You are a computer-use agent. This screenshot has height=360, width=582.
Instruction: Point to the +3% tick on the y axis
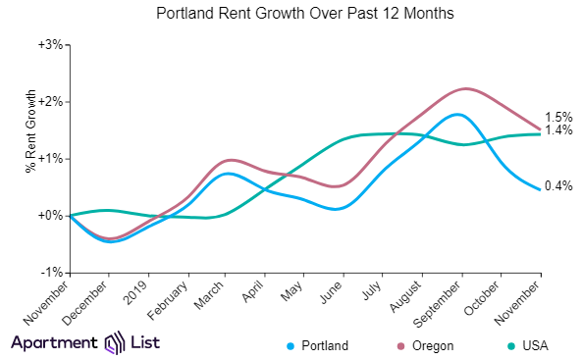(x=50, y=44)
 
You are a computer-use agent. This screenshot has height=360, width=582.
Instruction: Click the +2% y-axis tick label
(x=50, y=101)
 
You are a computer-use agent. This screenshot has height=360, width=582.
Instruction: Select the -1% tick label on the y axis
(x=52, y=272)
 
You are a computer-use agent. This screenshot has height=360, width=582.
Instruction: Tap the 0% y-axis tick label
(x=53, y=215)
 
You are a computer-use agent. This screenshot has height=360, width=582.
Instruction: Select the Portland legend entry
(x=317, y=345)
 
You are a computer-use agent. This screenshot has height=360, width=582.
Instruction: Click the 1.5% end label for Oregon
(x=558, y=117)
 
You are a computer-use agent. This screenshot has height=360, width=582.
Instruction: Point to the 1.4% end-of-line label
(x=558, y=130)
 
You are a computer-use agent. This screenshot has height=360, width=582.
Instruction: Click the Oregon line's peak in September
(x=463, y=88)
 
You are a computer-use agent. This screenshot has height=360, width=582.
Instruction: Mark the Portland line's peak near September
(x=457, y=114)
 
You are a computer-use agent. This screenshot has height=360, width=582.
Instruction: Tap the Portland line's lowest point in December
(x=111, y=241)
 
